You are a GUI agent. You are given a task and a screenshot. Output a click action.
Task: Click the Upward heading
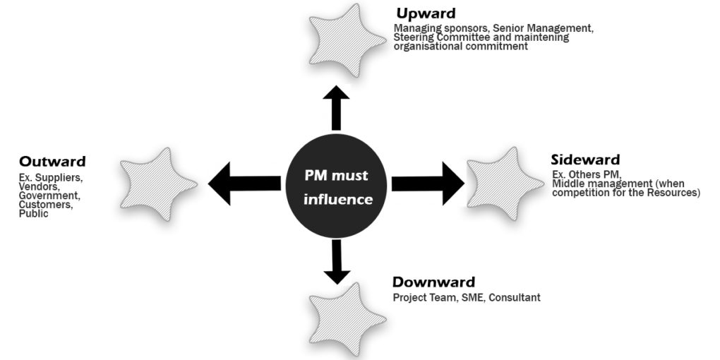[426, 13]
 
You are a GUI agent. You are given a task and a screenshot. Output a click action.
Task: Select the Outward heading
[52, 162]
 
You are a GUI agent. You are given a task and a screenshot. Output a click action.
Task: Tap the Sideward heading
[585, 160]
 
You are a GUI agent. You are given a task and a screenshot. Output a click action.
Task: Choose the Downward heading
[433, 282]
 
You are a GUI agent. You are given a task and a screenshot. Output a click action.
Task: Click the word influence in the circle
[338, 200]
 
